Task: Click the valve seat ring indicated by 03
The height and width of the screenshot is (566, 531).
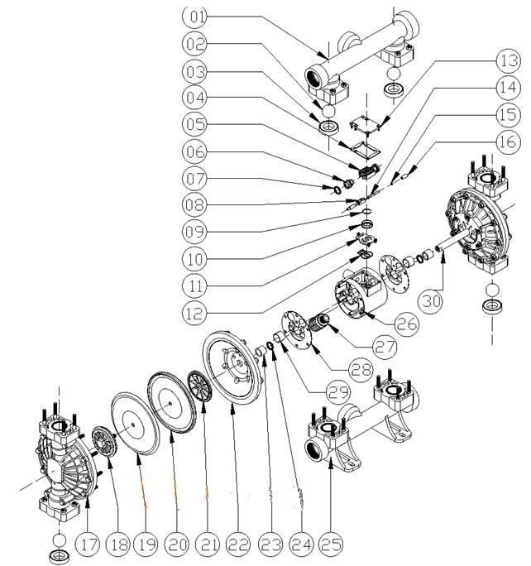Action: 328,127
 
